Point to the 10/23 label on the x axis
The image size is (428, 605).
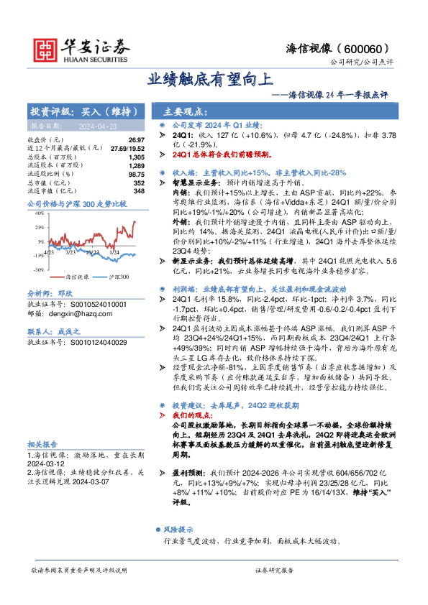tap(93, 252)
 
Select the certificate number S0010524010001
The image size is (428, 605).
tap(96, 305)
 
